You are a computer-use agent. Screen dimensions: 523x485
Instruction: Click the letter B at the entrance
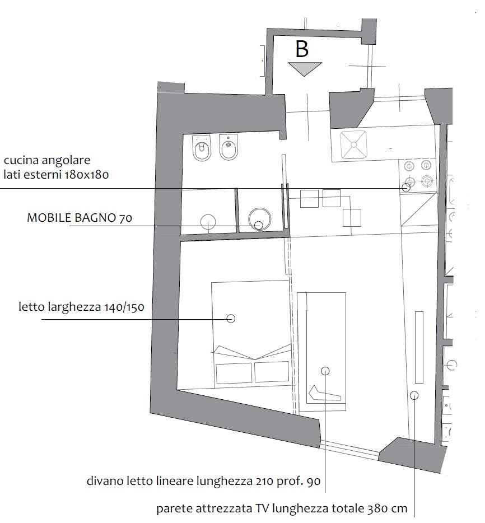[x=302, y=49]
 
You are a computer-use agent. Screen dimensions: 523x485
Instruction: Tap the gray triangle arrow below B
[x=305, y=68]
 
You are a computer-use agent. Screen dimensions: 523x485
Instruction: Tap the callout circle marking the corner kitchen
[x=405, y=188]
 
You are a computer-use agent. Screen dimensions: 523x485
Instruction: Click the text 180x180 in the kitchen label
[x=87, y=175]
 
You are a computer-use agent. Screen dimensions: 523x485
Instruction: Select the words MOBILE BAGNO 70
[x=80, y=218]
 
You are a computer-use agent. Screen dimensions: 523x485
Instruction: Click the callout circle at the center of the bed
[x=230, y=318]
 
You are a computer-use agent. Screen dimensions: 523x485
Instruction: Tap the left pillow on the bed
[x=234, y=373]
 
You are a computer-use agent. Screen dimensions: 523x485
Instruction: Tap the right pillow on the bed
[x=271, y=373]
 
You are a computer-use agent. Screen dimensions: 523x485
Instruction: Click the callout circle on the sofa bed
[x=325, y=370]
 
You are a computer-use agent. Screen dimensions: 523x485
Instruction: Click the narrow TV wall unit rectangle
[x=418, y=347]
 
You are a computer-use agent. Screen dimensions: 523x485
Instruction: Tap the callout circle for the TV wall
[x=414, y=395]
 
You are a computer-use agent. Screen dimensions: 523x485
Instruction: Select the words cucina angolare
[x=47, y=161]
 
